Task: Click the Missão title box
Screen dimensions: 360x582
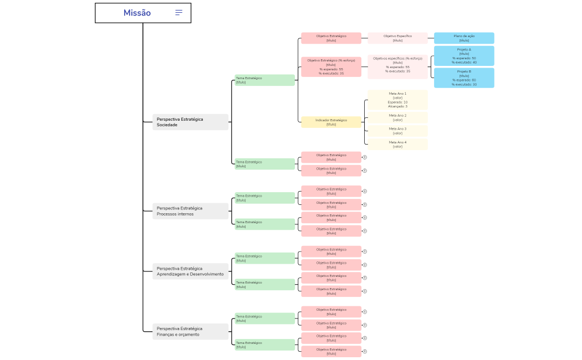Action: coord(111,13)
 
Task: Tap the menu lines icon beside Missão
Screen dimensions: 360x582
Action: coord(178,13)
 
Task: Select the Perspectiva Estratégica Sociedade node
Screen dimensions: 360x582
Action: coord(190,122)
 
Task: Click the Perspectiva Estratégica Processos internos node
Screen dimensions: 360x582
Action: coord(190,211)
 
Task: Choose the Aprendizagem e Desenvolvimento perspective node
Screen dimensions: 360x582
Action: coord(190,271)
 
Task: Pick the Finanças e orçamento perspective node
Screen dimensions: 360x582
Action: coord(190,332)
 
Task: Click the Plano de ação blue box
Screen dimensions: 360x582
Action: coord(464,38)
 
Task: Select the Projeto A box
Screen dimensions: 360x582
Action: coord(464,56)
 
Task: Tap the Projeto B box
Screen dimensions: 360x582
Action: coord(464,78)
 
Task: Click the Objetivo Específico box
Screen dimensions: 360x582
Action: coord(397,38)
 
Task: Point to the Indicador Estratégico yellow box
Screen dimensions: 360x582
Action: coord(331,122)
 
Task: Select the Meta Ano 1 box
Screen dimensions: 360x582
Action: coord(397,100)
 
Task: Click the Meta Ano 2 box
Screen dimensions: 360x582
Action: coord(397,117)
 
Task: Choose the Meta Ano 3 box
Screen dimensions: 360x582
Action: coord(397,131)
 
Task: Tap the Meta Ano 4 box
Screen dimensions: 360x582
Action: coord(397,145)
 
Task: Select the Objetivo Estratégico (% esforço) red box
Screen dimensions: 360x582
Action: coord(331,67)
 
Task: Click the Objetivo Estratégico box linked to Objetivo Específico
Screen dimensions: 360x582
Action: coord(331,38)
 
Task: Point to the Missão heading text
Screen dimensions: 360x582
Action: coord(137,13)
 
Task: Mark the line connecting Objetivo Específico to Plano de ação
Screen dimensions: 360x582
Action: coord(431,38)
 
